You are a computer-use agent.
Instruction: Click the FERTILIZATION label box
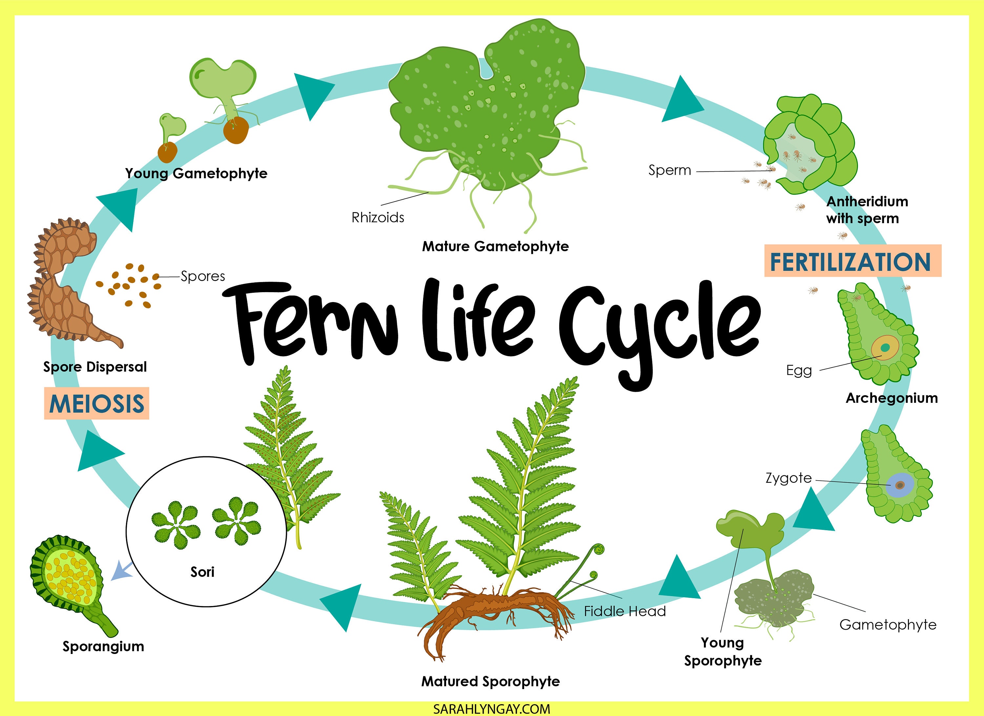(852, 261)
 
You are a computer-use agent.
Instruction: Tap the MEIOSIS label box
(96, 403)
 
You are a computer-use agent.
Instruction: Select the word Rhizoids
(378, 217)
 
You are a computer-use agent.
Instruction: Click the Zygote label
(788, 478)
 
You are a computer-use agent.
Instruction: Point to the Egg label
(799, 370)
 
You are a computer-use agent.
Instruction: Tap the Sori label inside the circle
(202, 572)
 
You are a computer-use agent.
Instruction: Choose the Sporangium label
(103, 646)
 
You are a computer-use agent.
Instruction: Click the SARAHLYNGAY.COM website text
(492, 709)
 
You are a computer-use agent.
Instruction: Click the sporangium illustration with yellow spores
(70, 577)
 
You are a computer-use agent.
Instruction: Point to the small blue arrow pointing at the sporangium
(121, 571)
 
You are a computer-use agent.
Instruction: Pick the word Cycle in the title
(660, 330)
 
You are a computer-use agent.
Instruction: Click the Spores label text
(203, 276)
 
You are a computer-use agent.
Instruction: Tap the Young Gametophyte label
(196, 173)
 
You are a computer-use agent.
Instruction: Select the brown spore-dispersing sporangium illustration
(65, 282)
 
